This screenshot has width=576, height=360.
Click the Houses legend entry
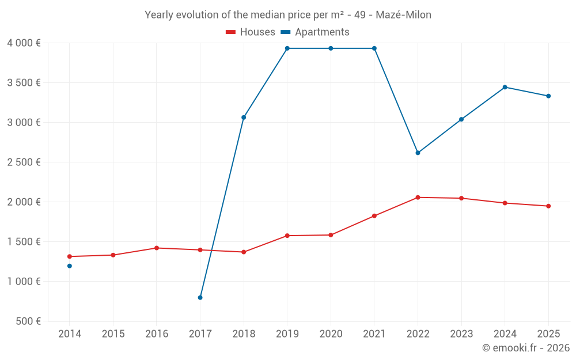click(x=251, y=32)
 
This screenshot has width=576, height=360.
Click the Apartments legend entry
click(x=316, y=32)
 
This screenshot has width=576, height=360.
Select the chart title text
click(x=288, y=15)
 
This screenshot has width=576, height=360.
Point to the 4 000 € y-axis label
click(x=24, y=43)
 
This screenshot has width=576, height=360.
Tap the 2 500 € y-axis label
click(x=24, y=162)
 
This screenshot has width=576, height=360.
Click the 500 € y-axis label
click(x=28, y=321)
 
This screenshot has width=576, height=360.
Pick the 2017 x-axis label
click(x=200, y=334)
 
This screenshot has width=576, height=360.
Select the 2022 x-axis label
click(x=418, y=334)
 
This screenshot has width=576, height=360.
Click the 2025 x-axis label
click(x=548, y=334)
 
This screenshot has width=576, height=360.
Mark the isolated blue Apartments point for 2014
click(x=70, y=266)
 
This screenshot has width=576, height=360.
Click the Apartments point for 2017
click(x=200, y=298)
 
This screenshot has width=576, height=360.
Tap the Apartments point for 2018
click(x=244, y=118)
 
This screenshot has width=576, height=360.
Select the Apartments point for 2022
click(x=418, y=153)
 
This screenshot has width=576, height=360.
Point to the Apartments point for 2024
click(x=505, y=87)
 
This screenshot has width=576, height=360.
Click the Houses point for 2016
click(x=157, y=248)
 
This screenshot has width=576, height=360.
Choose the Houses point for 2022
click(x=418, y=198)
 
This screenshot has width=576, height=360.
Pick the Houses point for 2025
click(x=548, y=206)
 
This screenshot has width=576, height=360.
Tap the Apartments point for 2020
click(x=331, y=48)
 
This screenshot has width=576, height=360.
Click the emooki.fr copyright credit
click(x=526, y=348)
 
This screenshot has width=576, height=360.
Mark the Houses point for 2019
click(x=287, y=236)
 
